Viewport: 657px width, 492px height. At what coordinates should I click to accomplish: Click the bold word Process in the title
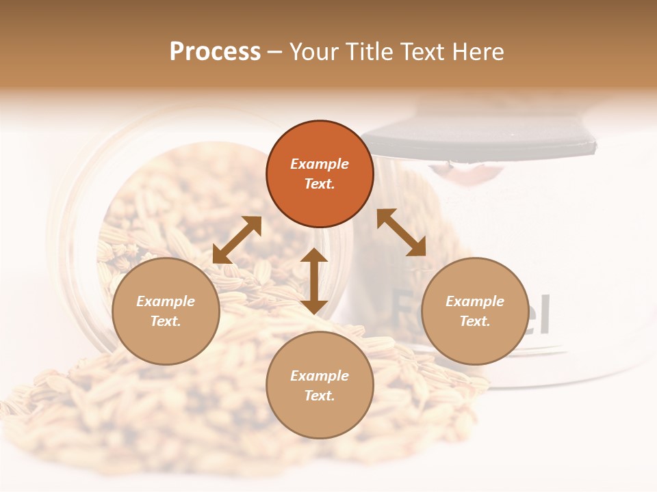(x=215, y=52)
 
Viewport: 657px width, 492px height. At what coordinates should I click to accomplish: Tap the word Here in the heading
(x=478, y=52)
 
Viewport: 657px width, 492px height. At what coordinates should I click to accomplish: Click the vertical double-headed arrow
(x=313, y=281)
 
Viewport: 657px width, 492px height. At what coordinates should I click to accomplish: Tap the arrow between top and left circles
(x=237, y=240)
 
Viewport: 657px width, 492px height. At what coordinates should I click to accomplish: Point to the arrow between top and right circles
(x=402, y=232)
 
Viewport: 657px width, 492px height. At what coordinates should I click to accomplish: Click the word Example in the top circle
(x=320, y=164)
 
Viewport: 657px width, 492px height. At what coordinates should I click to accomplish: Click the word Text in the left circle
(x=166, y=321)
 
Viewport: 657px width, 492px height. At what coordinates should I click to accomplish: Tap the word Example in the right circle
(x=474, y=301)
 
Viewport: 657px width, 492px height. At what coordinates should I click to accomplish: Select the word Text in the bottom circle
(x=319, y=396)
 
